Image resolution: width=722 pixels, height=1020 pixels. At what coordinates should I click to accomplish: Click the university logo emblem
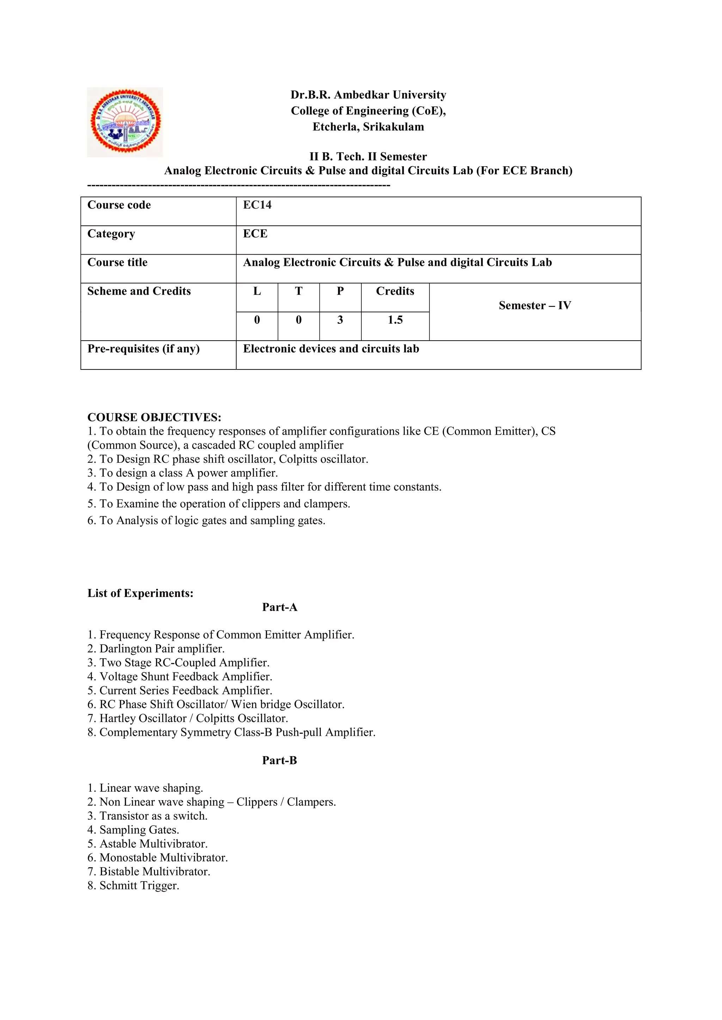(125, 122)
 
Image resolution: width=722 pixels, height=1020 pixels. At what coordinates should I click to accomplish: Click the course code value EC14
(257, 205)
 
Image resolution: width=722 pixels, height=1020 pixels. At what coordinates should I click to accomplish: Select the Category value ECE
(255, 234)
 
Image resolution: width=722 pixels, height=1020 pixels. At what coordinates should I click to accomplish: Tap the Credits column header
(395, 291)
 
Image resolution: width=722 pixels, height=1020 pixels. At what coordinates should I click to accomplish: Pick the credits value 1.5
(395, 320)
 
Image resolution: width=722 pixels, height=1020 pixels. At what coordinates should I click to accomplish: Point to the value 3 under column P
(340, 320)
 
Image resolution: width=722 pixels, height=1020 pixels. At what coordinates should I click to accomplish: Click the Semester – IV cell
(534, 306)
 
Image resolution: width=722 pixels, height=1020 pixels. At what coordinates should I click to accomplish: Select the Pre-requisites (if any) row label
(143, 349)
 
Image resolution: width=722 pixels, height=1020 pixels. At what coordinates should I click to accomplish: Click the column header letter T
(298, 291)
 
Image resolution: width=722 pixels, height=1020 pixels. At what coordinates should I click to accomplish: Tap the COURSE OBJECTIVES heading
(154, 417)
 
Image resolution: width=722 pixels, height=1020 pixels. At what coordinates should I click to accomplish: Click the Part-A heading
(279, 607)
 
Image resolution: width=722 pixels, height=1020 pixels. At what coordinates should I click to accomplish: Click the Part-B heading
(279, 760)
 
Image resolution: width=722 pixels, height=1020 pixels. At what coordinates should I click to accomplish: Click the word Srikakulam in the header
(393, 127)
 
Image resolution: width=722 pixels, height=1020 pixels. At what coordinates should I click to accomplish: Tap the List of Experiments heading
(140, 593)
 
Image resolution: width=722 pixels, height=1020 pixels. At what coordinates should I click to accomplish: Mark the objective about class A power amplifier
(182, 473)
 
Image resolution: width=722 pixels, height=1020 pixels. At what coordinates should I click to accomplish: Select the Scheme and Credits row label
(139, 291)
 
